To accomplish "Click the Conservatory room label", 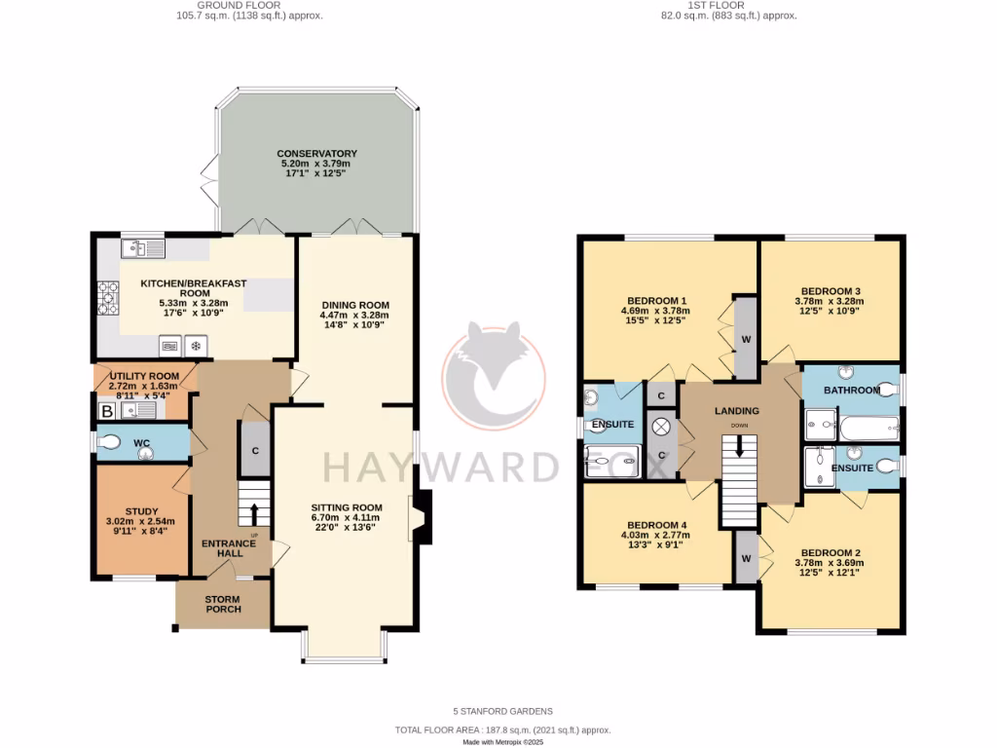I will [x=316, y=154].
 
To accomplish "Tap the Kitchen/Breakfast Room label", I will [x=194, y=288].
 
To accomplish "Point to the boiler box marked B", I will [x=107, y=412].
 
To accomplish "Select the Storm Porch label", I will [x=223, y=604].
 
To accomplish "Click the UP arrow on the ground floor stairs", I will [x=255, y=512].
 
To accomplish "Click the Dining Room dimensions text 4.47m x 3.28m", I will [x=355, y=315].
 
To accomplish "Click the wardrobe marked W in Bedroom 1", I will [x=745, y=339].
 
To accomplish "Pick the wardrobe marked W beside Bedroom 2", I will [x=746, y=558].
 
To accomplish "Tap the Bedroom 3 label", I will [x=831, y=290].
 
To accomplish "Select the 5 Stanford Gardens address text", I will [x=502, y=712].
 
